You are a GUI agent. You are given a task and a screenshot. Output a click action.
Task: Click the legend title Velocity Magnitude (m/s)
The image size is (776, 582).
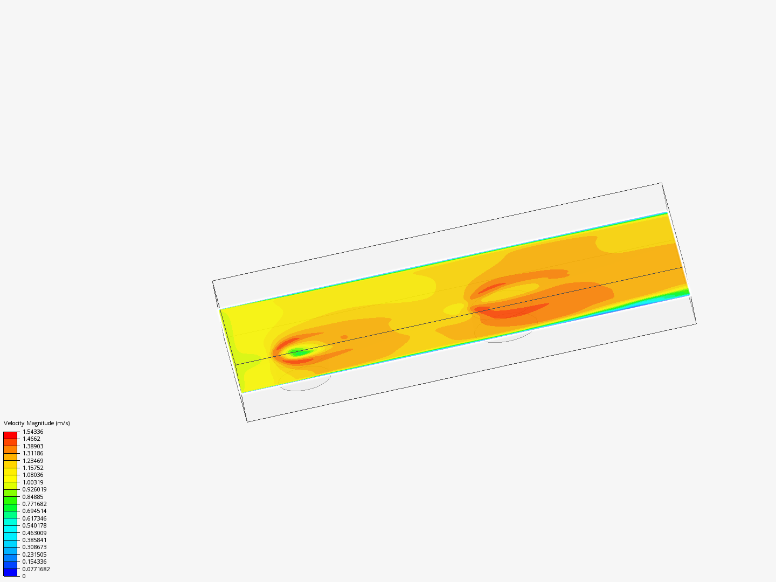click(x=37, y=423)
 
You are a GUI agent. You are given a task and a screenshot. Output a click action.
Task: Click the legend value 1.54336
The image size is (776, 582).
click(x=33, y=432)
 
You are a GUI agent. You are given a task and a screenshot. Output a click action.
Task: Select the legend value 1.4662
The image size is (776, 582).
click(x=31, y=439)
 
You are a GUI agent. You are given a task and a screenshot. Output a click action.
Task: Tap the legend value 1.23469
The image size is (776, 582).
click(x=33, y=461)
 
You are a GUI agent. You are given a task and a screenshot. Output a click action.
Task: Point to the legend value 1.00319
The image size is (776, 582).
click(x=33, y=482)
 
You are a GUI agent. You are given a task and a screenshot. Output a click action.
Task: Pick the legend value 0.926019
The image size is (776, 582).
click(x=34, y=489)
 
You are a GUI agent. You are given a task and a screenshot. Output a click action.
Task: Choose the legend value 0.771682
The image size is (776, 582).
click(x=34, y=504)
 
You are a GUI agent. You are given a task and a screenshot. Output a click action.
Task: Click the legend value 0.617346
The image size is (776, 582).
click(x=34, y=518)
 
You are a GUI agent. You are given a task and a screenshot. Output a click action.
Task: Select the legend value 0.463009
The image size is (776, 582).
click(x=34, y=533)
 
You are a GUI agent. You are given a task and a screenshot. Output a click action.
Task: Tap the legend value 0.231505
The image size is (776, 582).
click(x=34, y=555)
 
